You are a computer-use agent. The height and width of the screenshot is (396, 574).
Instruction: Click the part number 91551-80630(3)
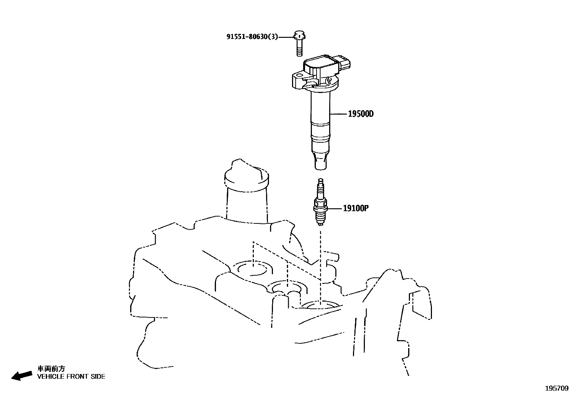click(252, 37)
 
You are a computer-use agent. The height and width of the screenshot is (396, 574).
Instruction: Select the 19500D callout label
click(361, 114)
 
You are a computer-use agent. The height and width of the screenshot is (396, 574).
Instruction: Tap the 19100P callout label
click(355, 208)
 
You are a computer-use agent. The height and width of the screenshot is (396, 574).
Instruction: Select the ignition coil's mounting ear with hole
click(298, 77)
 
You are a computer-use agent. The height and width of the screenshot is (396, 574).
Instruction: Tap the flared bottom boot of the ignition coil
click(321, 161)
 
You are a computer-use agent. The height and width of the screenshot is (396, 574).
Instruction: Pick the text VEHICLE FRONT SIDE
click(71, 377)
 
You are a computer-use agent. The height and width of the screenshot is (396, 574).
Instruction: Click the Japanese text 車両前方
click(52, 369)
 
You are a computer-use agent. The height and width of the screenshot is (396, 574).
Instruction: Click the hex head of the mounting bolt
click(299, 35)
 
